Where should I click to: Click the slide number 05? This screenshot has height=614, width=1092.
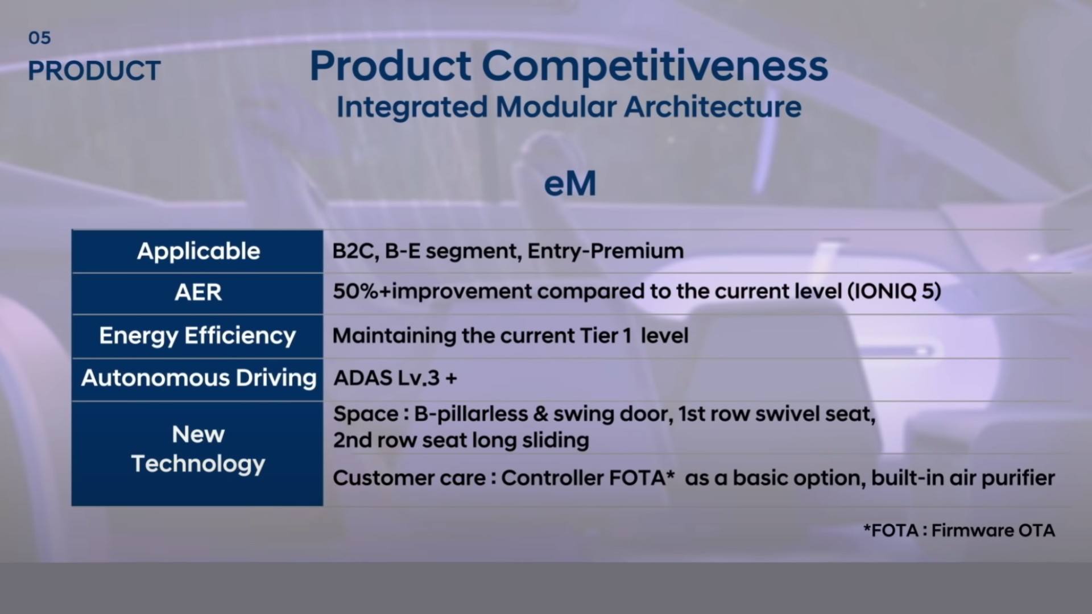pos(39,38)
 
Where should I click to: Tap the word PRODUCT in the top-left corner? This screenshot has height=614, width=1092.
pos(94,71)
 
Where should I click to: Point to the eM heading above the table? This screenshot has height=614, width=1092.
pos(570,184)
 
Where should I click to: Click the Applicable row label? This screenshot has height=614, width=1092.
pos(198,251)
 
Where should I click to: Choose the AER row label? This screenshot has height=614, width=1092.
pos(198,292)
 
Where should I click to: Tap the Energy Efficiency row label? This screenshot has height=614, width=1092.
pos(197,336)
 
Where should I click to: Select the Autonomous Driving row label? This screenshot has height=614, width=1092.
pos(198,378)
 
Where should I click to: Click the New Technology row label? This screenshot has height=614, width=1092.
pos(198,449)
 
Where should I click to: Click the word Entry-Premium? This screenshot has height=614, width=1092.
pos(605,251)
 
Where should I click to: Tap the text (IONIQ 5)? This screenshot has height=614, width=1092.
pos(894,292)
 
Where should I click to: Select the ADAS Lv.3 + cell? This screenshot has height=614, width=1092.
pos(395,378)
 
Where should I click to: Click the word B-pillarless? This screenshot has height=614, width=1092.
pos(471,414)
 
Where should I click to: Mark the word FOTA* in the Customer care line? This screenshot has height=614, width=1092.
pos(641,478)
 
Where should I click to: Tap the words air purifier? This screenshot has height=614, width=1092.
pos(1002,479)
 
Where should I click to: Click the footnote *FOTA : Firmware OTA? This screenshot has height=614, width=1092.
pos(959,530)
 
